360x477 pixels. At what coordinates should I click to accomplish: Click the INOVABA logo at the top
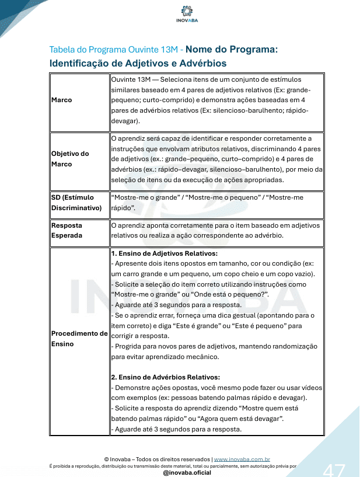(x=187, y=14)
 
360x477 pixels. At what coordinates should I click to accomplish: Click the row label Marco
(x=62, y=100)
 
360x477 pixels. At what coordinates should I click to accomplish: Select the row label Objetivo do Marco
(x=70, y=159)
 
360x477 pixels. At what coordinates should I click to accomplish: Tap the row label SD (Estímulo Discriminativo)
(x=72, y=203)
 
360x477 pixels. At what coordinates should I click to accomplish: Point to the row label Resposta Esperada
(x=67, y=230)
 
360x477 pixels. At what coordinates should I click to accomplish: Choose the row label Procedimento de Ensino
(x=79, y=339)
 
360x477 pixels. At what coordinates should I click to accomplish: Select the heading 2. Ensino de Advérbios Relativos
(x=165, y=377)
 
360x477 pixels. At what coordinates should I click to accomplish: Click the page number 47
(x=334, y=468)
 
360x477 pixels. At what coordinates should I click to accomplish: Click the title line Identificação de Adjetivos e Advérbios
(x=138, y=63)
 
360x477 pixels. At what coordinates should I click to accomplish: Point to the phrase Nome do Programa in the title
(x=232, y=50)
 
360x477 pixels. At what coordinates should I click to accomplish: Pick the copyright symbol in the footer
(x=106, y=459)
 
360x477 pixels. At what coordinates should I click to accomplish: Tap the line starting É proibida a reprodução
(x=173, y=466)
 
